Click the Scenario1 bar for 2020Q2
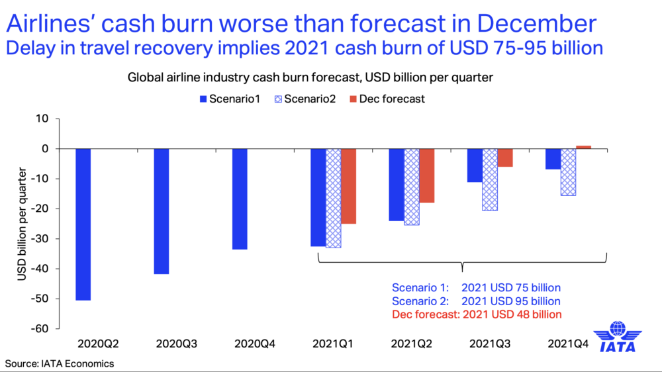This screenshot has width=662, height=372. click(83, 224)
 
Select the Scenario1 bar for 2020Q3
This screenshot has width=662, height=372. click(162, 211)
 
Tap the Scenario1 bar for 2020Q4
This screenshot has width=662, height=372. click(240, 199)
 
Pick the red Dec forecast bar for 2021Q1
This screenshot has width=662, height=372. click(350, 186)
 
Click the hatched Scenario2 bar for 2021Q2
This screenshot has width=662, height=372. click(412, 187)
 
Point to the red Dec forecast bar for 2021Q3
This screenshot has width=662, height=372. click(505, 158)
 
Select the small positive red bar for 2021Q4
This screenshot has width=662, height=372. click(583, 147)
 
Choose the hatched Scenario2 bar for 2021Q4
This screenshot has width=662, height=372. click(568, 172)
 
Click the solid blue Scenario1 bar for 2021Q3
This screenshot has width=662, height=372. click(474, 165)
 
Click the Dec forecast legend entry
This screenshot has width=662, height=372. click(388, 99)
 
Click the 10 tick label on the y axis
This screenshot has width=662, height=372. click(44, 118)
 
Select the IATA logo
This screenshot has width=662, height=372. click(618, 338)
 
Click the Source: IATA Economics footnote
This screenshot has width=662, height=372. click(60, 363)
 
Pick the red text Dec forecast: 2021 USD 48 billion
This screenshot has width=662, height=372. click(477, 314)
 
